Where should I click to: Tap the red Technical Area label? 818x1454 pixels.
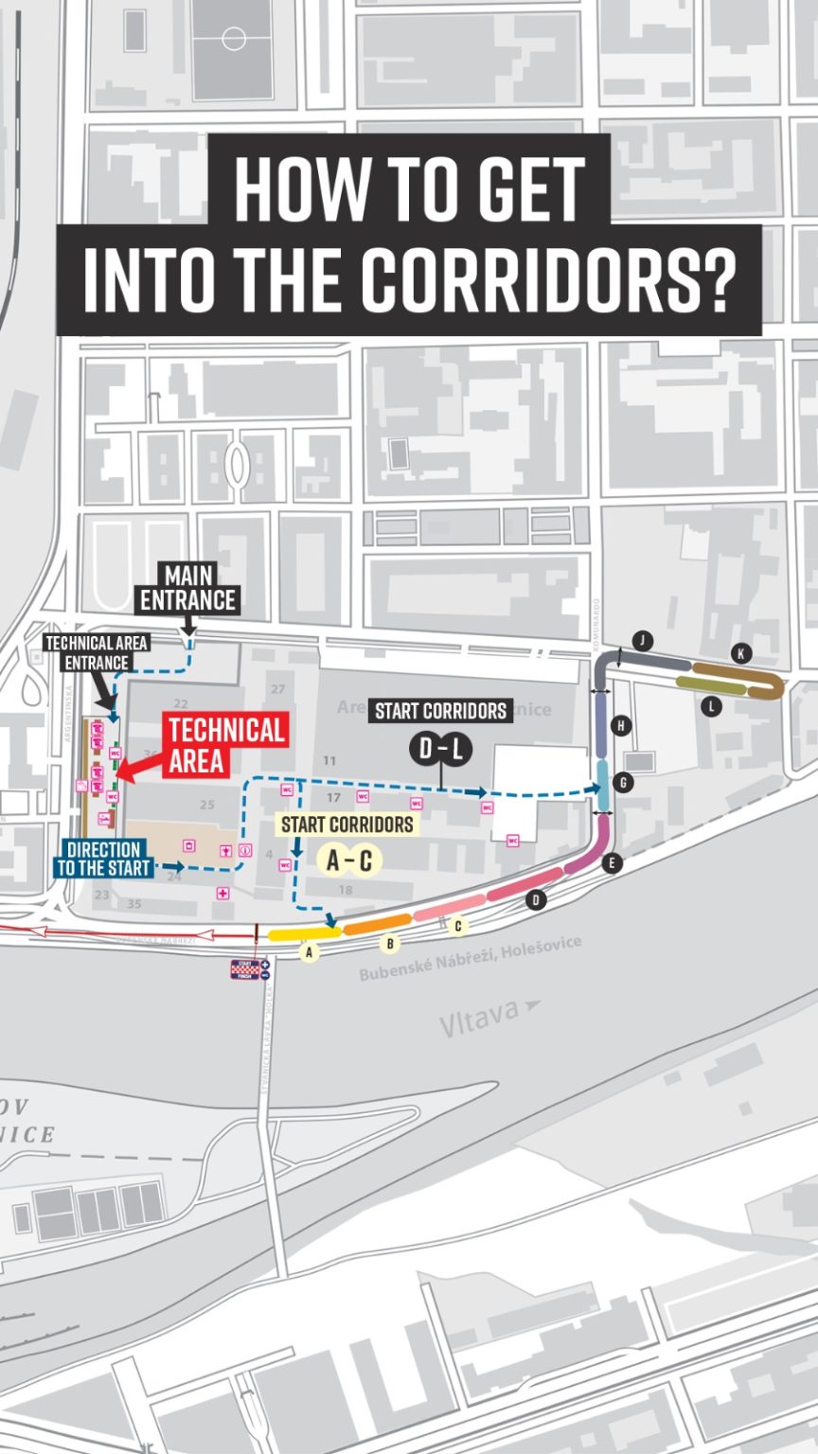pos(226,744)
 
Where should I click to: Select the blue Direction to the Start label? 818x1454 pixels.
pos(104,859)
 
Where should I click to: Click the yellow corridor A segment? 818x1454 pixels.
pos(297,933)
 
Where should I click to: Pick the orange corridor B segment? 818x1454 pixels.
pos(377,925)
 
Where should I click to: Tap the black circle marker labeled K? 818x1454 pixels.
pos(740,653)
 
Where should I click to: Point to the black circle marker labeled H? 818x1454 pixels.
pos(621,726)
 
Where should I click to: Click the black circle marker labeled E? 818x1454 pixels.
pos(613,862)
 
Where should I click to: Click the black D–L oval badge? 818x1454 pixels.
pos(440,749)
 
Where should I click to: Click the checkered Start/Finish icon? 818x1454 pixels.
pos(245,968)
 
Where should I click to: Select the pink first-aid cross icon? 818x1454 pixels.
pos(222,893)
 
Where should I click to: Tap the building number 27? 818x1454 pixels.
pos(277,688)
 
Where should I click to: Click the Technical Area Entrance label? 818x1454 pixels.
pos(98,653)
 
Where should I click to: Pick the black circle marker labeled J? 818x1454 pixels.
pos(643,641)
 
